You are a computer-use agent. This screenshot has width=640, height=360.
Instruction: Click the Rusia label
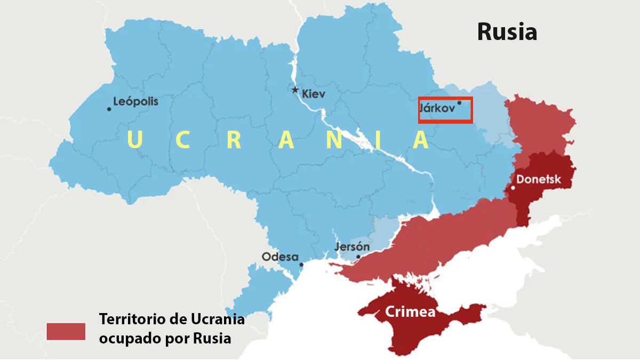coord(507,32)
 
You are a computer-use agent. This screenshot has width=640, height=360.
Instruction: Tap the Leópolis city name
coord(136,101)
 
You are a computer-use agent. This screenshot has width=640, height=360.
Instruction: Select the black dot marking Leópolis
coord(109,109)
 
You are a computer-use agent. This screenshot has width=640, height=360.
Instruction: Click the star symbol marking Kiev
coord(295,90)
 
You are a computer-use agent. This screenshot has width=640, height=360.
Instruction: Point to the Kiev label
coord(314,94)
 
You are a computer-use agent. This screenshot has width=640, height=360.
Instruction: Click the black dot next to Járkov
coord(459,103)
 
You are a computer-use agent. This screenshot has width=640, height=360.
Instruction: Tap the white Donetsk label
coord(539,179)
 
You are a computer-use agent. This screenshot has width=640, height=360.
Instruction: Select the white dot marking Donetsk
coord(513,188)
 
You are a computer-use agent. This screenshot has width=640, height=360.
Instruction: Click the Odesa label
coord(280,257)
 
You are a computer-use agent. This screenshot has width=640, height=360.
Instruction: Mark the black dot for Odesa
coord(301,264)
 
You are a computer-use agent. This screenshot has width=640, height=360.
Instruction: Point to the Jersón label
coord(352,247)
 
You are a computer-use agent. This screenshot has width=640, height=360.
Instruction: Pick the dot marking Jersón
coord(358,257)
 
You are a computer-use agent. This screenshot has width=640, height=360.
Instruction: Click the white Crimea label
coord(410,313)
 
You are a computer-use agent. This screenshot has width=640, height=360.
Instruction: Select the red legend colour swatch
coord(66,331)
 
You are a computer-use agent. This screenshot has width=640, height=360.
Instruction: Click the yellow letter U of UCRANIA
coord(134,140)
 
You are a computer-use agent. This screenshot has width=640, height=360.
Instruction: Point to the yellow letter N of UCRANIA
coord(334,140)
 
